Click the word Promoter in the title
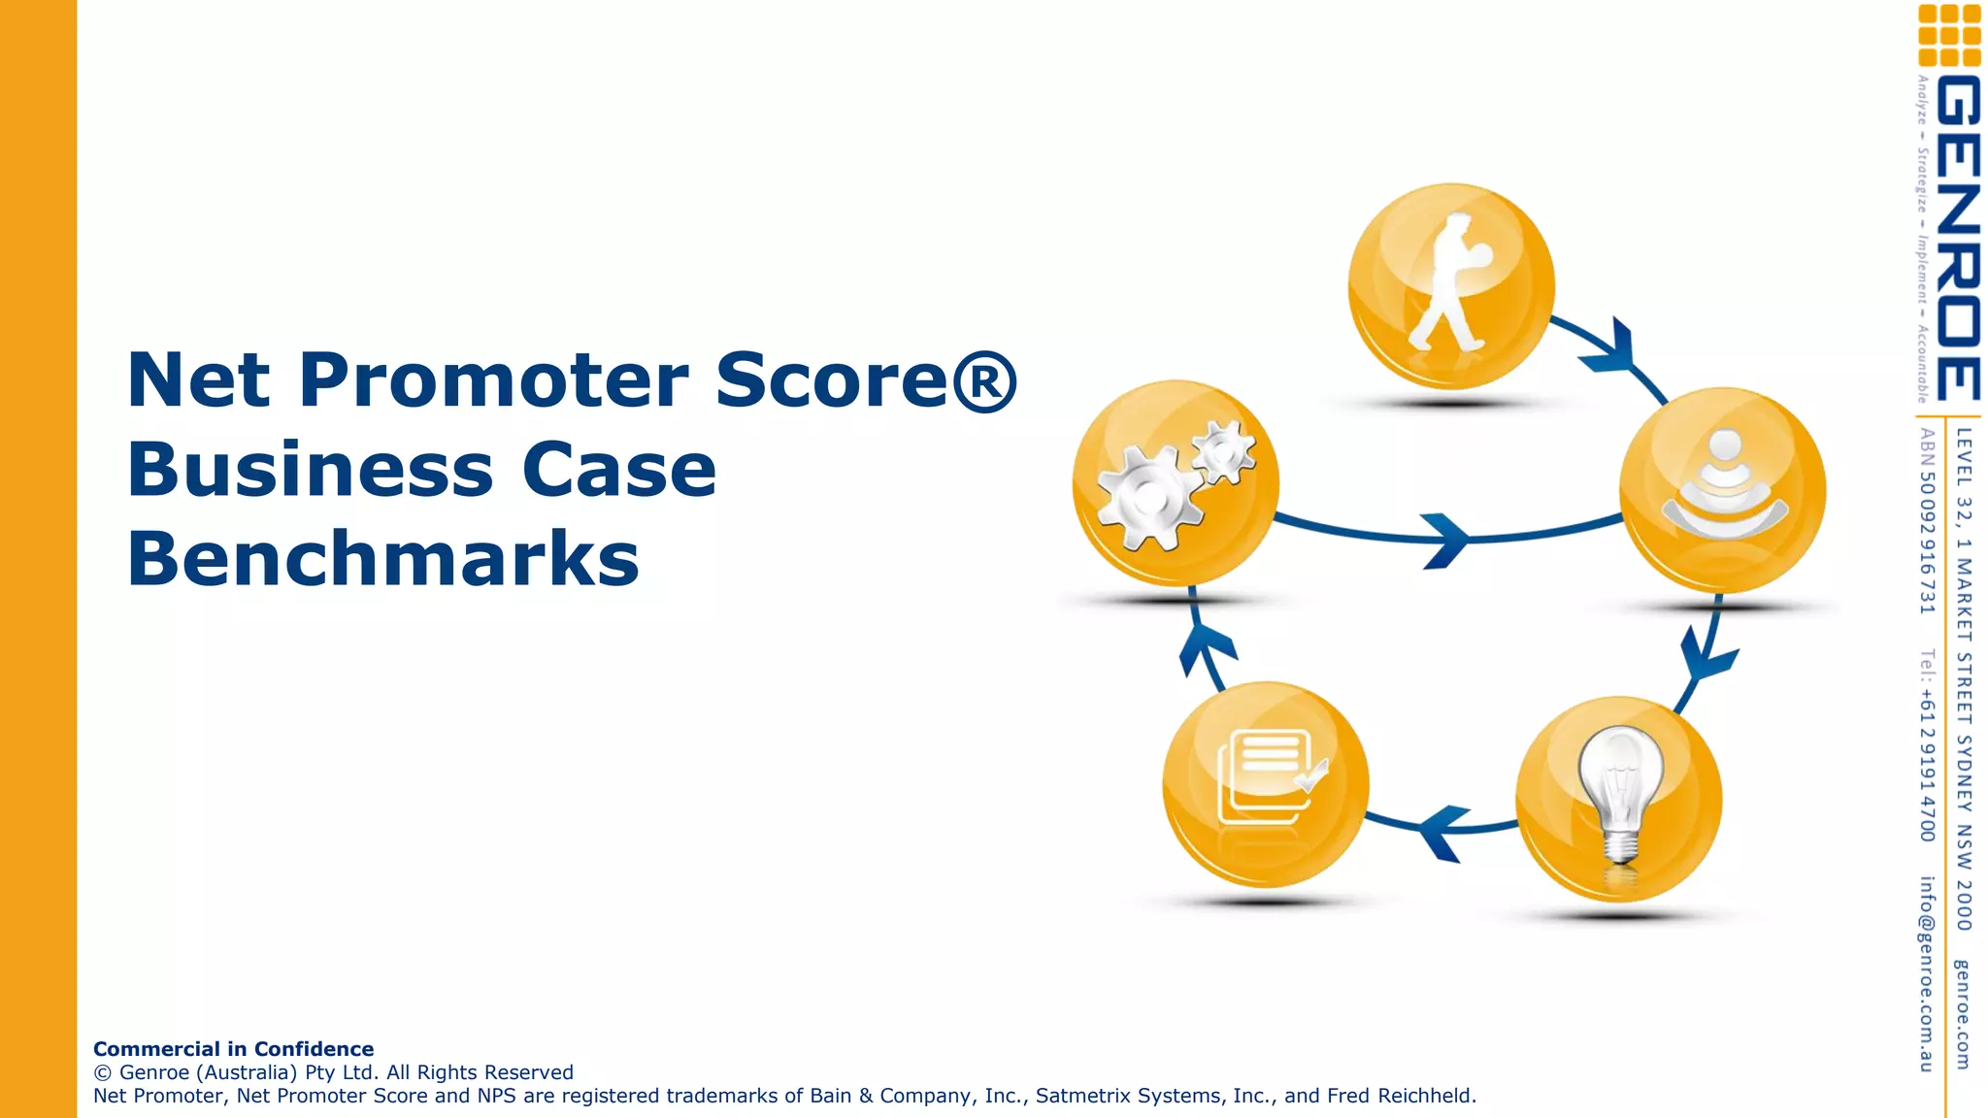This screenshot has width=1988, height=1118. (x=493, y=380)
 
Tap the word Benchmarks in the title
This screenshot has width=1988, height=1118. (x=382, y=560)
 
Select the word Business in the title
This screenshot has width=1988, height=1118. (x=311, y=470)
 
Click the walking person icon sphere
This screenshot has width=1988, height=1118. (x=1450, y=286)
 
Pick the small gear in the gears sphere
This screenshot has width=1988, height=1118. (x=1222, y=451)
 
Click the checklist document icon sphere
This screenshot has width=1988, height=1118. (x=1266, y=782)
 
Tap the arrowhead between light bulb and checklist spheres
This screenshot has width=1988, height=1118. (x=1441, y=832)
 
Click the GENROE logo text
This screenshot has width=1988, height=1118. (x=1957, y=238)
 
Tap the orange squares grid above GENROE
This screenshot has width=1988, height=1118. (x=1949, y=35)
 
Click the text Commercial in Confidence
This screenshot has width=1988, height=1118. (x=233, y=1049)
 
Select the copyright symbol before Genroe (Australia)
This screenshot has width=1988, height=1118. (x=103, y=1072)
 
